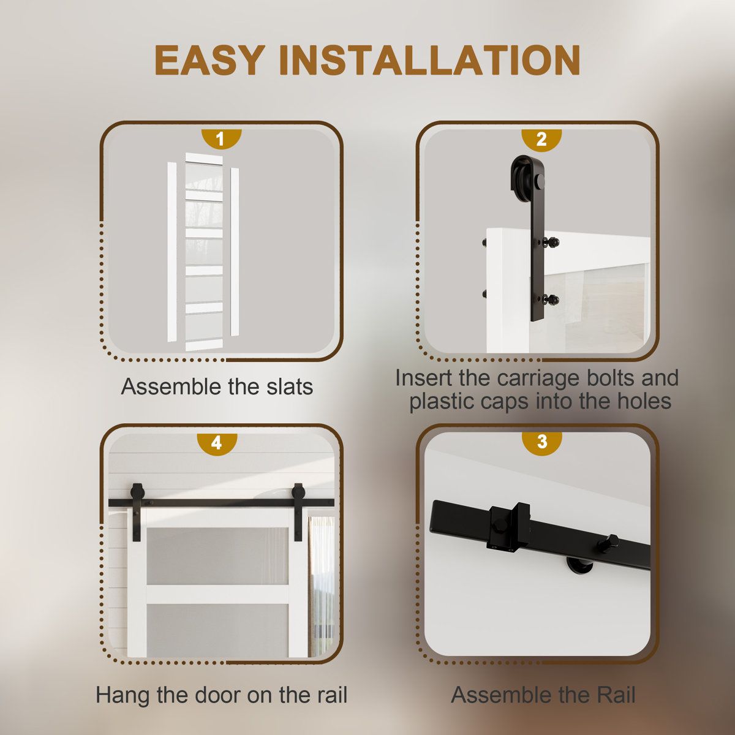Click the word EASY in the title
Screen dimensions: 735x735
coord(209,60)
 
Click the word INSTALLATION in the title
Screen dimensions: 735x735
coord(429,60)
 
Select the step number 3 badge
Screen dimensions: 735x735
coord(541,442)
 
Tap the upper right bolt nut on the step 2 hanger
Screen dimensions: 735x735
coord(551,242)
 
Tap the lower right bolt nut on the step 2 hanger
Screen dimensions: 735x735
coord(551,299)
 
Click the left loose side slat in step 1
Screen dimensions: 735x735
coord(172,251)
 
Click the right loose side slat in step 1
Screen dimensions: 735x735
coord(235,252)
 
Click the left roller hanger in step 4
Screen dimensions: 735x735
coord(136,511)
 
